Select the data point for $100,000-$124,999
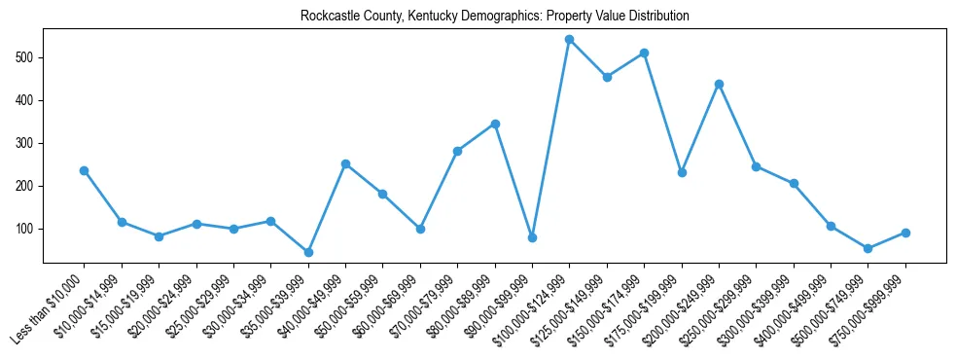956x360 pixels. tap(570, 40)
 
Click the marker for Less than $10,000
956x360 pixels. tap(85, 170)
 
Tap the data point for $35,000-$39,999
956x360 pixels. tap(308, 252)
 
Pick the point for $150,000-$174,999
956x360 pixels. tap(644, 53)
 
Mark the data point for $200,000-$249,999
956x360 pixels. tap(719, 84)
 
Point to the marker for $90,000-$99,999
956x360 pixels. tap(532, 237)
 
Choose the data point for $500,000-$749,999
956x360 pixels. tap(868, 248)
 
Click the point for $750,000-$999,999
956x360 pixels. tap(905, 233)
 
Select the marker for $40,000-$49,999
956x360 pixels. tap(345, 163)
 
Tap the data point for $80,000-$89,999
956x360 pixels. tap(495, 124)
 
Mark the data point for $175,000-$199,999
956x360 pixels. tap(682, 172)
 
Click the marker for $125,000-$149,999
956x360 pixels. tap(607, 77)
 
